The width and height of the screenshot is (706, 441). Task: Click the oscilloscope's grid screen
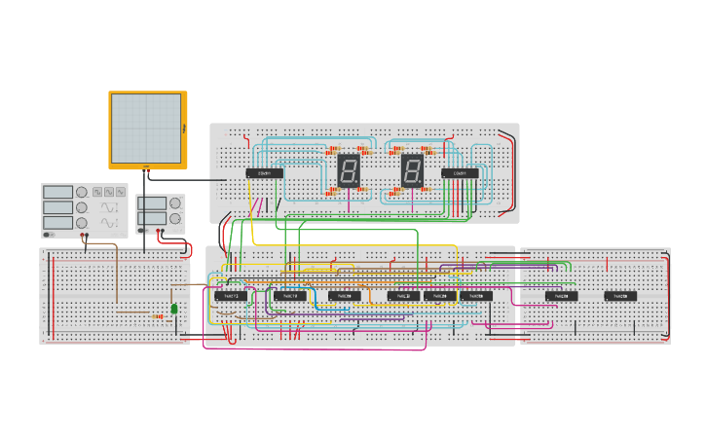(146, 128)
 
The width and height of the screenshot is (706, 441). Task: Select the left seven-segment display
(350, 172)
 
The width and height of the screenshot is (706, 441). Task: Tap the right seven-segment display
(413, 172)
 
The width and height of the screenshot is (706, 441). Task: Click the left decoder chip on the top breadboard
(264, 173)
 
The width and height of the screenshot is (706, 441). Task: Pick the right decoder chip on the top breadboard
(460, 173)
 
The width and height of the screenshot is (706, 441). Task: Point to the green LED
(174, 309)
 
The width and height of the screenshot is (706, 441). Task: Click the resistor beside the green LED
(158, 315)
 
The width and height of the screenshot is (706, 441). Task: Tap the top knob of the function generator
(82, 193)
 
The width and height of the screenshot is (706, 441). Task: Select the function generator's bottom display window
(56, 223)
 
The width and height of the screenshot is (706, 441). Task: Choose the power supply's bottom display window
(153, 219)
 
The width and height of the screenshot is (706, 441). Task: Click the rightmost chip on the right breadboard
(620, 296)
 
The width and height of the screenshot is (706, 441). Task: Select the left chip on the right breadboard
(562, 296)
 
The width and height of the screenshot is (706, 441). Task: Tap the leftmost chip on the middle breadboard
(230, 295)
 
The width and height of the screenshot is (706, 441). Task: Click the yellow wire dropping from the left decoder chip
(252, 209)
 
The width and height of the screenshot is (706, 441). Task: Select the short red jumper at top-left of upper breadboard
(245, 137)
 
